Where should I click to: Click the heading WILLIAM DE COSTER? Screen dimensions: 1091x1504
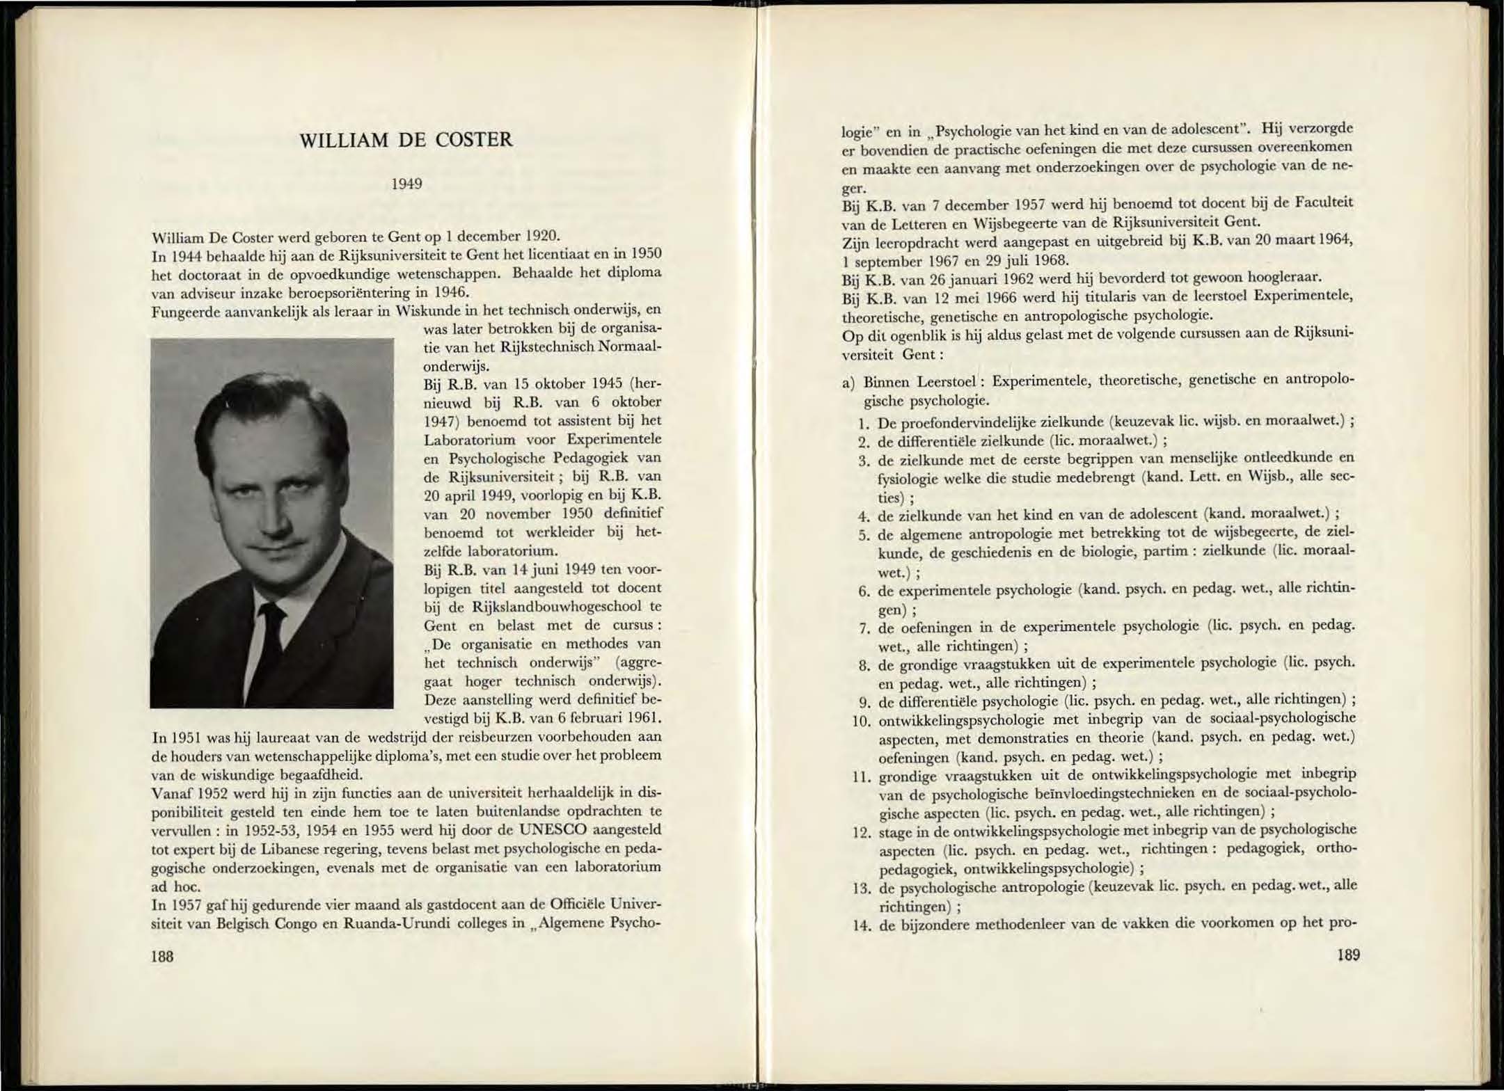pyautogui.click(x=406, y=140)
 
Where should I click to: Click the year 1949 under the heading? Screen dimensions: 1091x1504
pyautogui.click(x=407, y=184)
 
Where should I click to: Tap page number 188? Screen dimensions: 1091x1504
pyautogui.click(x=162, y=956)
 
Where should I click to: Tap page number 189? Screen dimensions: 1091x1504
pyautogui.click(x=1348, y=955)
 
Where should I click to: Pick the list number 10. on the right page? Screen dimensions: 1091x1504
pyautogui.click(x=862, y=720)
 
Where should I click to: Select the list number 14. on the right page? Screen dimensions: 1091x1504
pyautogui.click(x=862, y=926)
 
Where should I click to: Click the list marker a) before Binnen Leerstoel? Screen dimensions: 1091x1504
pyautogui.click(x=848, y=383)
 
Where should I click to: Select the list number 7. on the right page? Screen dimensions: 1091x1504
pyautogui.click(x=864, y=628)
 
